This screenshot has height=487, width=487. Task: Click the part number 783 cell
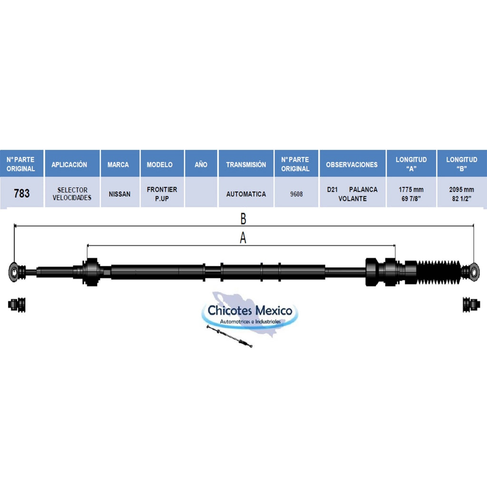(x=22, y=194)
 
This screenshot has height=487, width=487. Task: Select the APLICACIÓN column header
(x=69, y=165)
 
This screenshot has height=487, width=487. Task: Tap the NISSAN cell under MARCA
(x=119, y=194)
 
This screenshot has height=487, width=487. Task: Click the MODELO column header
(x=160, y=165)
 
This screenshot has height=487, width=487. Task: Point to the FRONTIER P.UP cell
(x=162, y=194)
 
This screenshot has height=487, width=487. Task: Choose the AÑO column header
(x=201, y=165)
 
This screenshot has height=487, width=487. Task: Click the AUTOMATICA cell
(x=246, y=194)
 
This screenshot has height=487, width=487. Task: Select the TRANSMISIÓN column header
(x=246, y=165)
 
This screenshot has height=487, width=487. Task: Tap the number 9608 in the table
(x=296, y=194)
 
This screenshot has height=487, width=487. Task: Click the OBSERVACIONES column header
(x=351, y=165)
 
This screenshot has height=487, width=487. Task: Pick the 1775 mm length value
(x=411, y=189)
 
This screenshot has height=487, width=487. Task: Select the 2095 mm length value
(x=461, y=189)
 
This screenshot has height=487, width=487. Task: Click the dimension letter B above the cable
(x=243, y=219)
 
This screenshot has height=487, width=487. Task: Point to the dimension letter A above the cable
(x=243, y=238)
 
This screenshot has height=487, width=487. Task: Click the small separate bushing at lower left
(x=17, y=305)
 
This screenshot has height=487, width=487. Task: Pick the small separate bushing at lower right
(x=471, y=305)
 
